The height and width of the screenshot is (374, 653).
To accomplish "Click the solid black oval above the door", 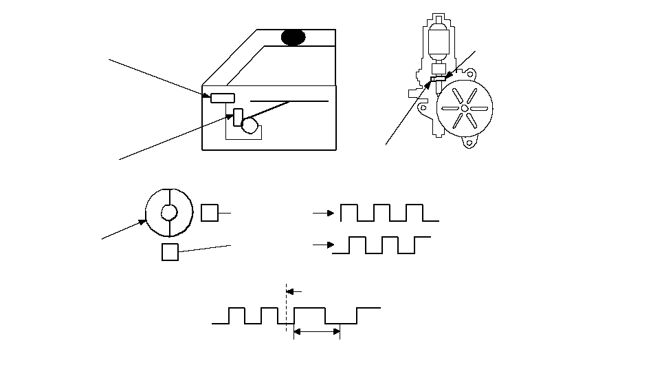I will [294, 37].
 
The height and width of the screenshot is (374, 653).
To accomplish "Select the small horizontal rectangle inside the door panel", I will [223, 97].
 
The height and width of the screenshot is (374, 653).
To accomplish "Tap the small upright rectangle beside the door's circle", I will [238, 117].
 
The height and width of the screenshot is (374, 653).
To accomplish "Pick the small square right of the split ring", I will [210, 213].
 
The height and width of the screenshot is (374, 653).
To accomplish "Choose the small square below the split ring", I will [170, 252].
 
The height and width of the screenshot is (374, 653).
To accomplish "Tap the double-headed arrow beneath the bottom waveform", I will [317, 332].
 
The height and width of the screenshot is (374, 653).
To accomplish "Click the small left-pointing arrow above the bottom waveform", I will [294, 291].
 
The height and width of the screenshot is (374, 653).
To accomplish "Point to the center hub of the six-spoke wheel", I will [465, 108].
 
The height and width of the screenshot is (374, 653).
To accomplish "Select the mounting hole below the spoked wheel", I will [468, 143].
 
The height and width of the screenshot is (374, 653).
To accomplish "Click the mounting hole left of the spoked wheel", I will [412, 90].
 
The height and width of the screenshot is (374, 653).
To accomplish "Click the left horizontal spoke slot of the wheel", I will [449, 108].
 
